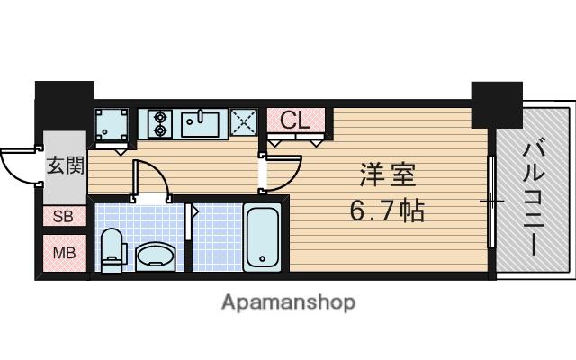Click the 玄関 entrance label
tap(66, 166)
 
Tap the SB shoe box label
tap(63, 216)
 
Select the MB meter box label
tap(64, 253)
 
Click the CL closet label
tap(295, 120)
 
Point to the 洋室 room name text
tap(388, 175)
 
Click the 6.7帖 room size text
tap(388, 211)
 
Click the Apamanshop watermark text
tap(288, 302)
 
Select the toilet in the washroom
tap(113, 250)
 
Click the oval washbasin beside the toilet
tap(156, 256)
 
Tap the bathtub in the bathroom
tap(262, 238)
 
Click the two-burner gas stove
tap(160, 124)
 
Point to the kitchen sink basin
tap(201, 124)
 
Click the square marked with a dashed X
tap(244, 122)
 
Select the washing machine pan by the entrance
tap(112, 124)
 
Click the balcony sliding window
tap(491, 202)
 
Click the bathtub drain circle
tap(262, 258)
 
